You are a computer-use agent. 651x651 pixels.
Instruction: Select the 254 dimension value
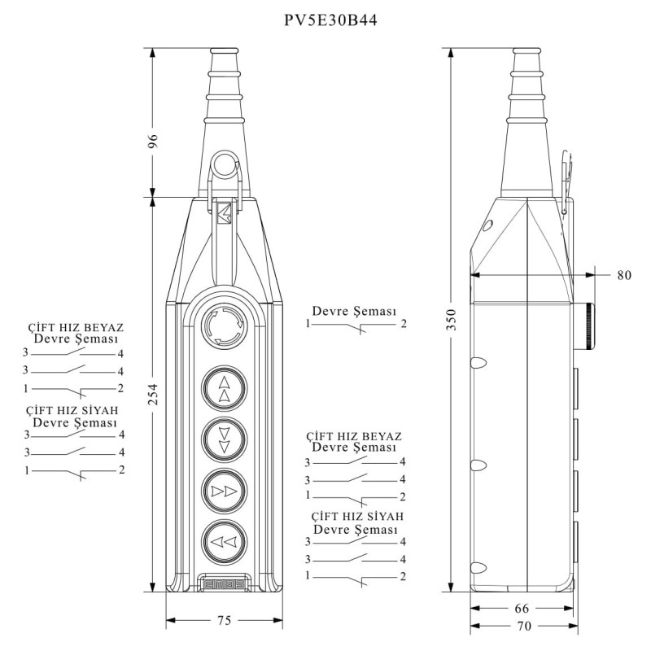click(151, 395)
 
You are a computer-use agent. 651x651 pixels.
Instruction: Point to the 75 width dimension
click(223, 620)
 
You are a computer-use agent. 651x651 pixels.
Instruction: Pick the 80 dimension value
click(623, 275)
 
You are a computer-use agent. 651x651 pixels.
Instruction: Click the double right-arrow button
click(224, 491)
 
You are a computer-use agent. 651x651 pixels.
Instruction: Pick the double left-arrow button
click(224, 541)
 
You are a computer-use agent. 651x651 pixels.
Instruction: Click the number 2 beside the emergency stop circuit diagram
click(404, 325)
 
